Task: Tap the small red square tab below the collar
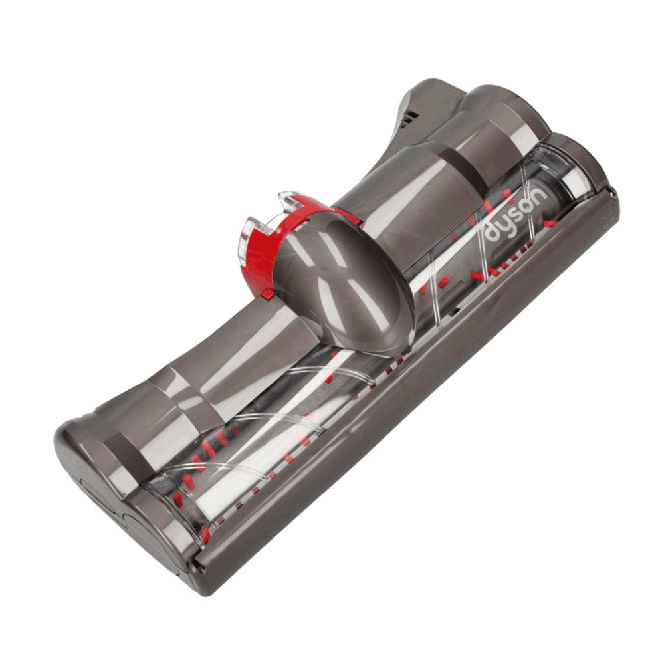(265, 294)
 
